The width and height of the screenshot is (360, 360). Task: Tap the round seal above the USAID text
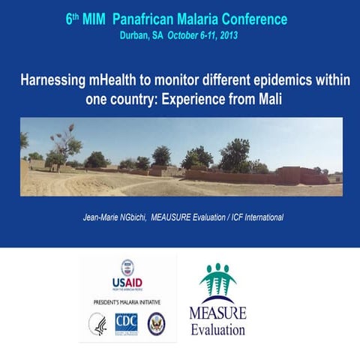tap(127, 267)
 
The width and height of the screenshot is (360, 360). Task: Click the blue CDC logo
tap(126, 323)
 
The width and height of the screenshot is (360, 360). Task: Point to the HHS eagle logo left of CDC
tap(97, 323)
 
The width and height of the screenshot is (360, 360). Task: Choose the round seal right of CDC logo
tap(156, 323)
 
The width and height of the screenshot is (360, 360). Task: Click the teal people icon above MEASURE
tap(217, 281)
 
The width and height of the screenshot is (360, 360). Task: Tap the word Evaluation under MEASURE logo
tap(217, 329)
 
